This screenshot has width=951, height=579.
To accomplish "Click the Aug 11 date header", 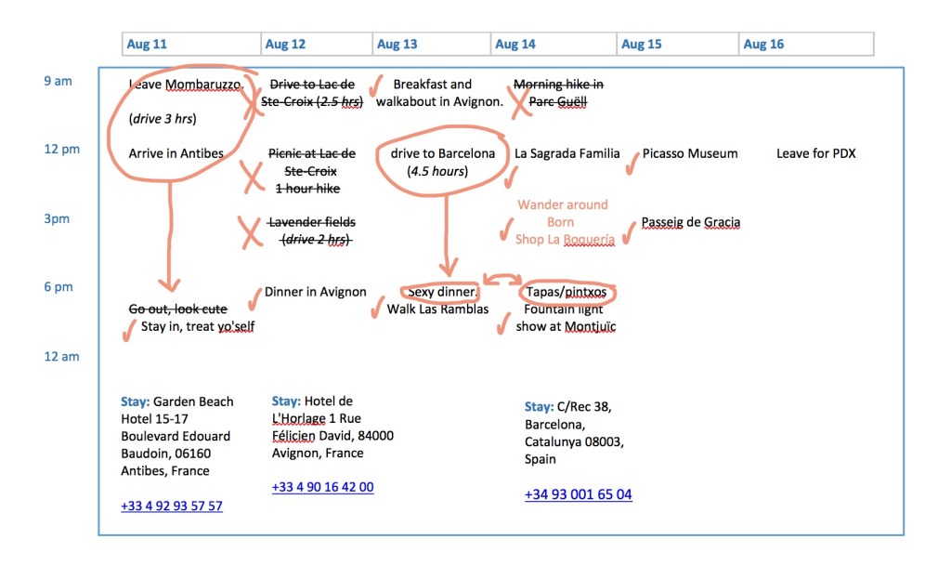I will coord(147,45).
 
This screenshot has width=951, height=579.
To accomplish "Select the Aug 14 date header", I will coord(515,45).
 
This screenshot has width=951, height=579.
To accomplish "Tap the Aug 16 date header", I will coord(763,45).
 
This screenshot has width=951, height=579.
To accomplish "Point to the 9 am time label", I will coord(58,81).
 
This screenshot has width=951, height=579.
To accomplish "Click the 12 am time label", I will coord(61,357).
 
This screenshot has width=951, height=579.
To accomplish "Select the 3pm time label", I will coord(58,219).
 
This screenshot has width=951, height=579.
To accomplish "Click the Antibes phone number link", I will coord(172,507).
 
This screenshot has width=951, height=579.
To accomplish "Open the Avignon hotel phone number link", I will coord(323,487).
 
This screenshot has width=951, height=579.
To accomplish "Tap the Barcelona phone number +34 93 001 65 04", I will coord(578,494).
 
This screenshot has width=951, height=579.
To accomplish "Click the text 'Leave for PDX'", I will coord(815,153).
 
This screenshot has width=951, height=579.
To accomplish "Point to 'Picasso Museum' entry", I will coord(690,153).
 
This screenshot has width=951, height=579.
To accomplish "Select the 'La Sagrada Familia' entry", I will coord(567,153).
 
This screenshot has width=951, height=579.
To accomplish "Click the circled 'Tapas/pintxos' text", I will coord(566,293).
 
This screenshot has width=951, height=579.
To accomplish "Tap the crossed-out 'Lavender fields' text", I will coord(311,223).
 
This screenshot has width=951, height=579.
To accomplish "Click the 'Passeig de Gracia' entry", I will coord(691,223).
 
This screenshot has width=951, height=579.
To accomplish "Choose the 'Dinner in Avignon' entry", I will coord(316,292).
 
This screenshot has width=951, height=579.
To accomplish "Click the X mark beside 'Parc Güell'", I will coord(520,102).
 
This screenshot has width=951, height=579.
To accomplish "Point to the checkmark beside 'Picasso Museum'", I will coord(632,162).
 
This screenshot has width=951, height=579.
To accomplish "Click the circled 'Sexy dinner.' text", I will coord(440,293).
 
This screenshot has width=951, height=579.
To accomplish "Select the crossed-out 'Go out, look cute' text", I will coord(177,309).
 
